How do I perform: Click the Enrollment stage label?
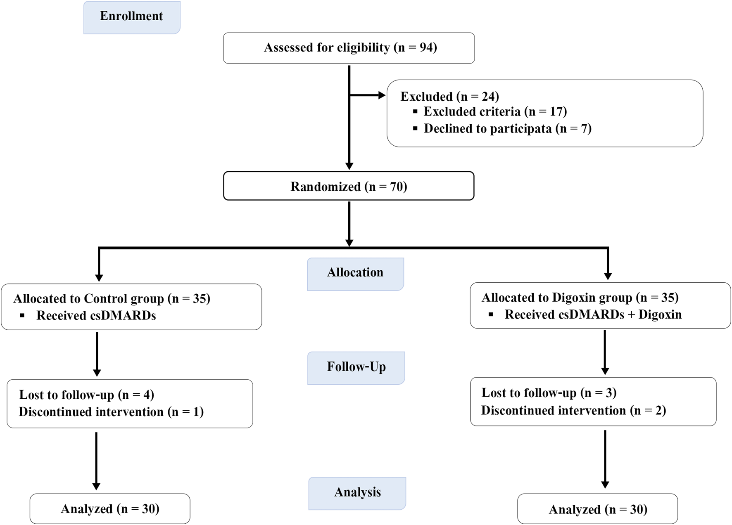[x=131, y=17]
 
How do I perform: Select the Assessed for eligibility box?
[x=349, y=48]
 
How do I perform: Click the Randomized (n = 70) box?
[x=349, y=187]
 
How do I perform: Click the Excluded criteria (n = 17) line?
[x=495, y=111]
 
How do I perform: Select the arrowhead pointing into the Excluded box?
[x=382, y=95]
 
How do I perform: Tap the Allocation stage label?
[x=355, y=273]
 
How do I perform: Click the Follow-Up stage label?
[x=356, y=367]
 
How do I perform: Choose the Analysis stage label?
[x=357, y=492]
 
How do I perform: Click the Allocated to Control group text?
[x=112, y=298]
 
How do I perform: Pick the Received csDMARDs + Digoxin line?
[x=593, y=315]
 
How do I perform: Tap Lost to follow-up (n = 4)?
[x=86, y=395]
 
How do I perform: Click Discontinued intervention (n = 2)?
[x=573, y=411]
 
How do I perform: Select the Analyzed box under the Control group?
[x=110, y=509]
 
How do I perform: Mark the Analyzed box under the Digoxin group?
[x=597, y=510]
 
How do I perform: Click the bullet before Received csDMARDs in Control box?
[x=22, y=316]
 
